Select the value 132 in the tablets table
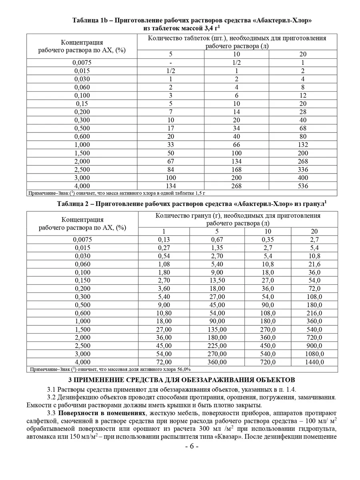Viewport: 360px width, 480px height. tap(303, 145)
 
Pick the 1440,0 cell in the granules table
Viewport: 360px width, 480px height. tap(314, 362)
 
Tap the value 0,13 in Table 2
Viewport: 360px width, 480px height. tap(164, 240)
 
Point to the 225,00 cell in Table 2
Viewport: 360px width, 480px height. tap(218, 346)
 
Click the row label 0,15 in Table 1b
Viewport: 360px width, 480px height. tap(82, 104)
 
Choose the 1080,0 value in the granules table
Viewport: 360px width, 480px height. tap(314, 354)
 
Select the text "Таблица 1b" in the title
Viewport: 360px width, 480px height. tap(90, 20)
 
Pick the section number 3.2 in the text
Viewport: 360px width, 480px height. tap(52, 397)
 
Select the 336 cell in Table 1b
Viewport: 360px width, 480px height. tap(303, 169)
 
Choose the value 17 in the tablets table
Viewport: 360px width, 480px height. tap(170, 128)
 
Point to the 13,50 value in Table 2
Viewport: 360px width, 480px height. tap(218, 280)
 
